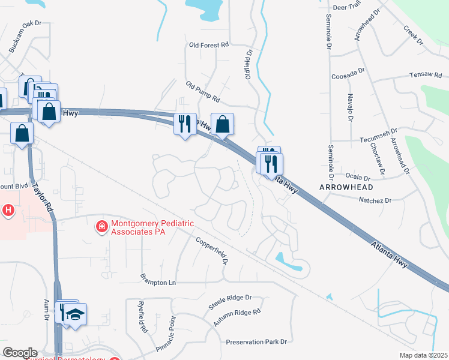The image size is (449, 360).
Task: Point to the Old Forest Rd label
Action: pos(209,45)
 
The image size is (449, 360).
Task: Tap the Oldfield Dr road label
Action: pos(248,62)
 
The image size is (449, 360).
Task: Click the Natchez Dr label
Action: pos(375,200)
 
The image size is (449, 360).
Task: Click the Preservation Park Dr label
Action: pos(257,342)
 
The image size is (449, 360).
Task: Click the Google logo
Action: pos(20,352)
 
